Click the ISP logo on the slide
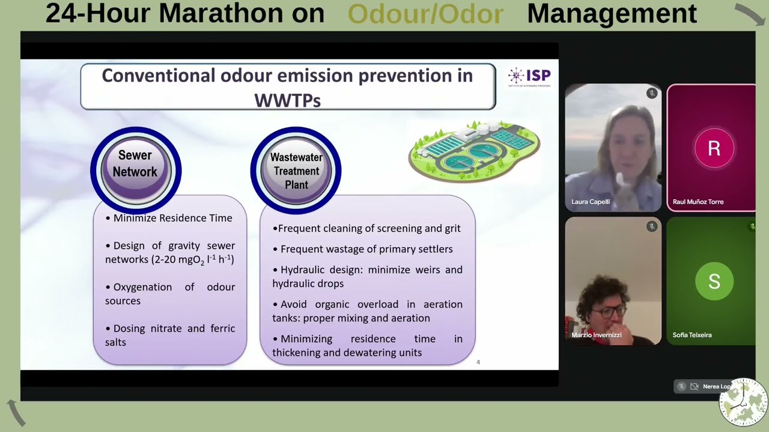529,76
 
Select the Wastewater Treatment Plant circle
296,170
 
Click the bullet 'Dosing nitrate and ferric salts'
170,335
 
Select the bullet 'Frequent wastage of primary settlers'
366,249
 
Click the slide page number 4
478,362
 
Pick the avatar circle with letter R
714,148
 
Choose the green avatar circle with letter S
714,281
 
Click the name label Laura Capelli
590,202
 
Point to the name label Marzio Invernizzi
596,335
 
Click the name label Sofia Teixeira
692,335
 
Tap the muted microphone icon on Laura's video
651,93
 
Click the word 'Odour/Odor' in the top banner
425,14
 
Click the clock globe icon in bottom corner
743,402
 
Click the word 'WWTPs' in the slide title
287,100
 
